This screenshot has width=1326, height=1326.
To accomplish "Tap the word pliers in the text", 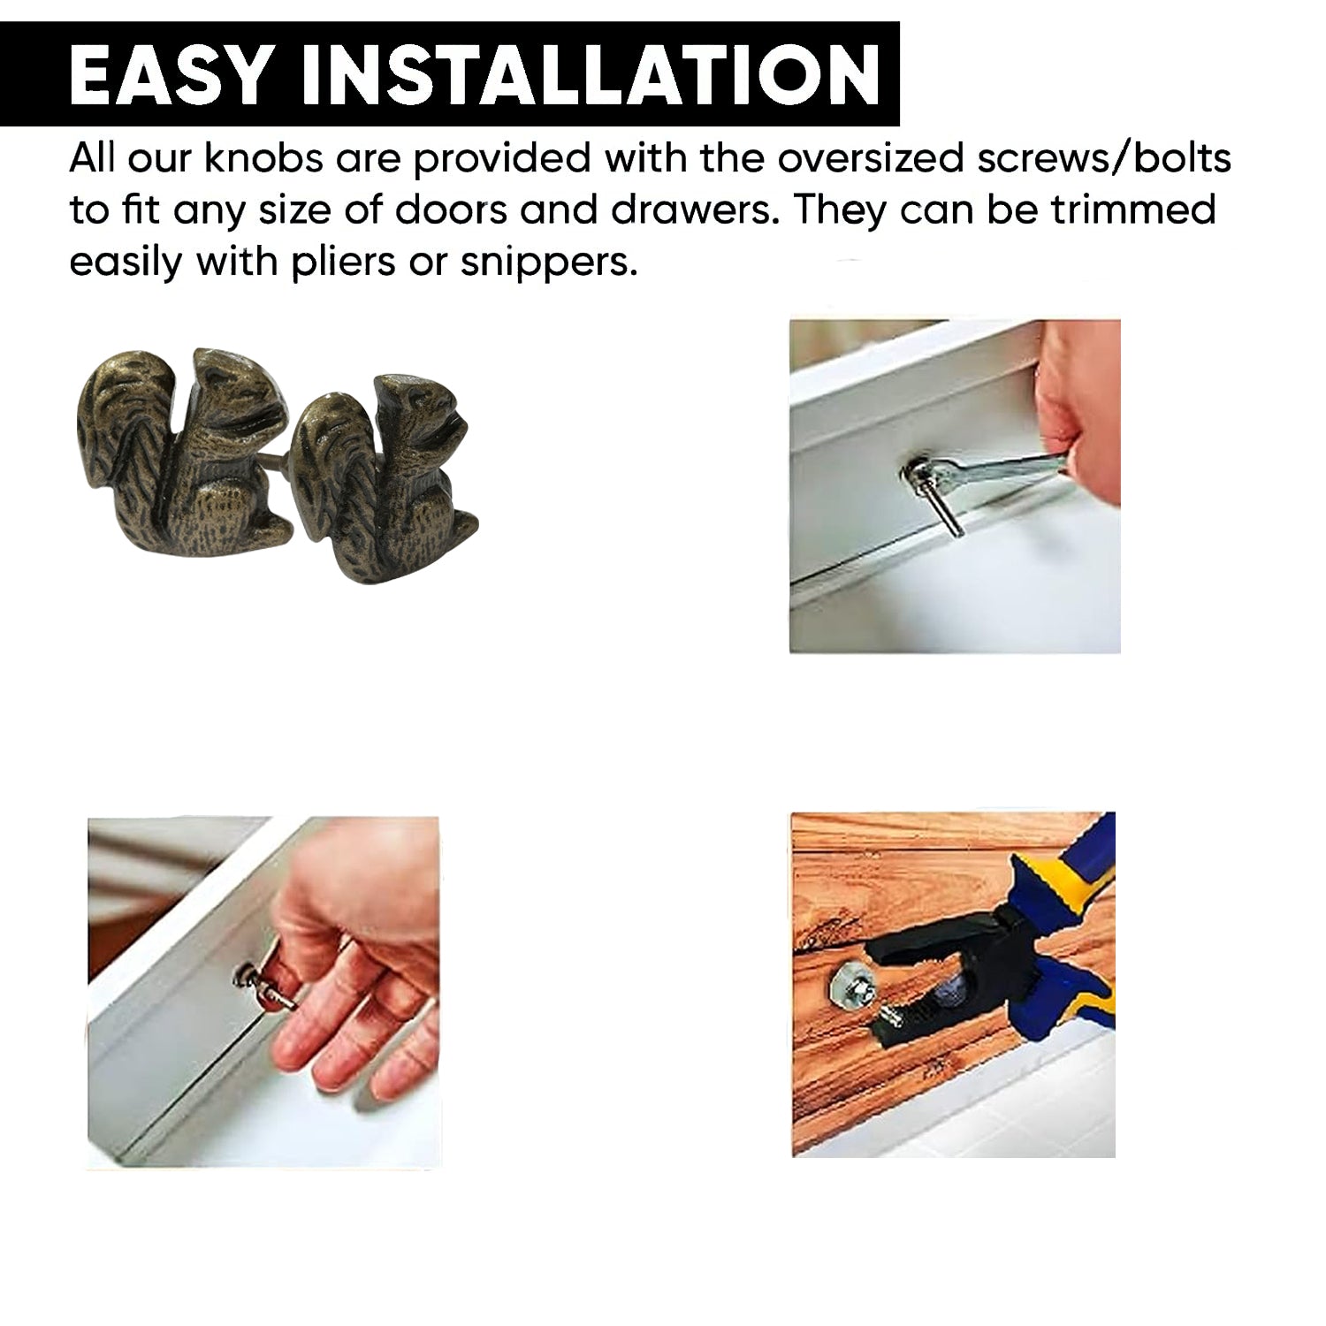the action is (342, 263).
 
